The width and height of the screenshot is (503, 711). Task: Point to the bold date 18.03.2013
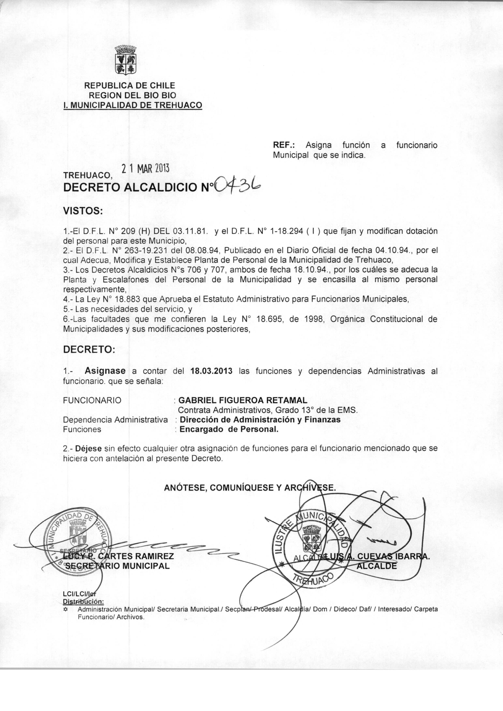point(212,371)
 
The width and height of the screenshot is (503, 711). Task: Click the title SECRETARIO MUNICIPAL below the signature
point(116,566)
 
